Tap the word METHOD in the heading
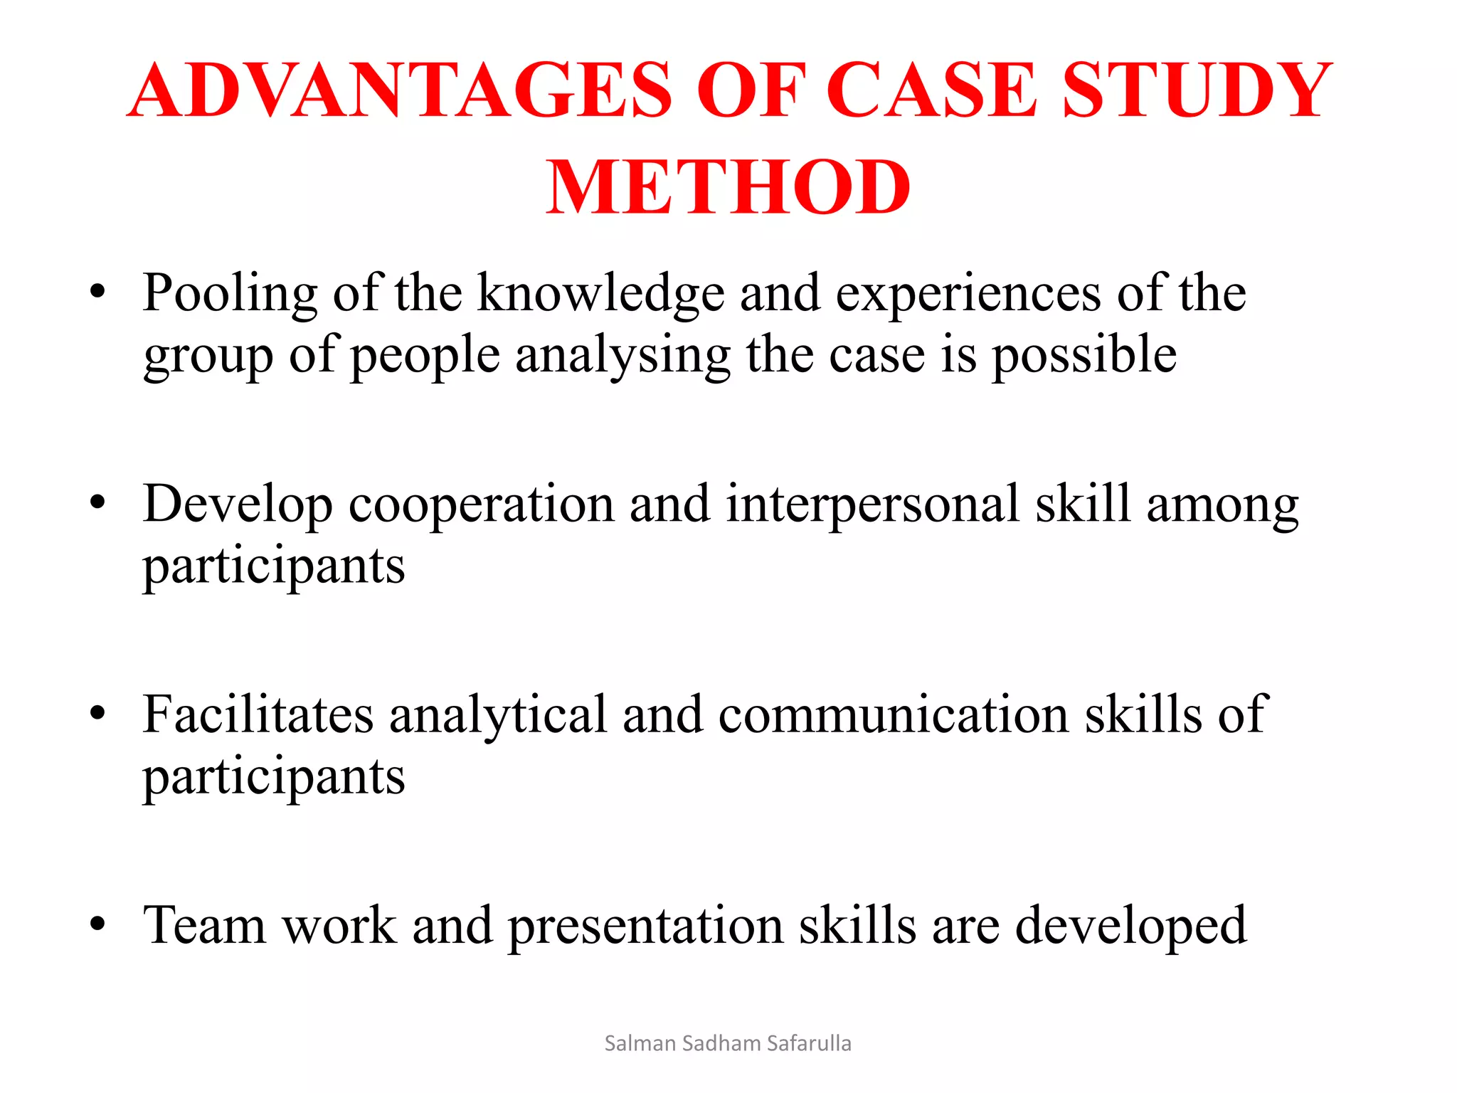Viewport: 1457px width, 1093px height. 728,187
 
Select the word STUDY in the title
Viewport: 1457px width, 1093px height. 1197,90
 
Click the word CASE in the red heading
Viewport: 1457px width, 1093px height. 932,90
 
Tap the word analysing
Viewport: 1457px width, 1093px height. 622,357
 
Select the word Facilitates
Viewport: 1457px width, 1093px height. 258,715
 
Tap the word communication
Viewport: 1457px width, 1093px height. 893,715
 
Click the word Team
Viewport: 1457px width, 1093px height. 204,925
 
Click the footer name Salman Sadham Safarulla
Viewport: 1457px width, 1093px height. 728,1043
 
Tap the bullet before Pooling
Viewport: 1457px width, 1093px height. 97,291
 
